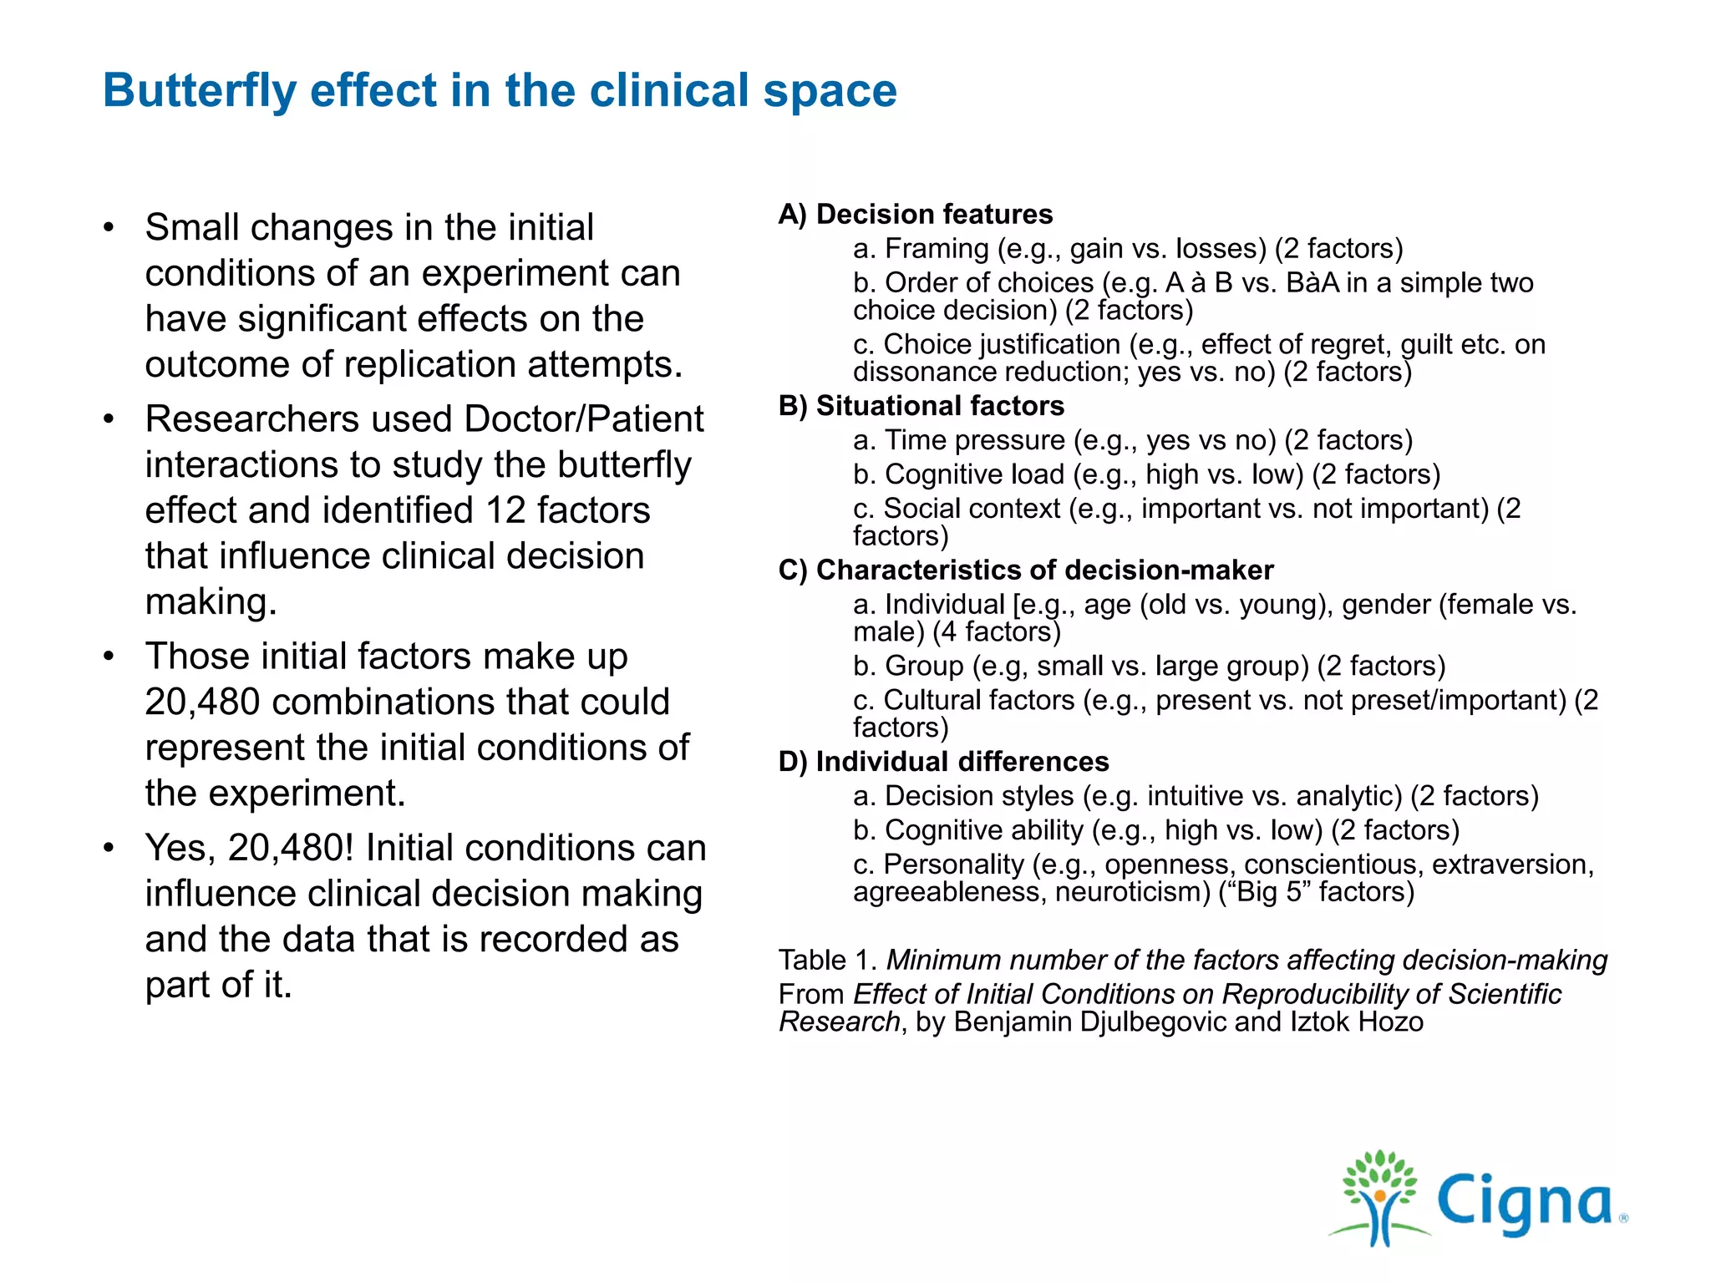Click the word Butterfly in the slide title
(x=199, y=90)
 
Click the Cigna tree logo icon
(x=1379, y=1199)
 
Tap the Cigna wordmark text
(x=1525, y=1203)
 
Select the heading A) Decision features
(x=916, y=215)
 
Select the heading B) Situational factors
(x=922, y=406)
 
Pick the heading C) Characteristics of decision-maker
(x=1026, y=571)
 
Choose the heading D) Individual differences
(x=944, y=762)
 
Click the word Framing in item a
(x=937, y=249)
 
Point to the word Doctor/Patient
(x=584, y=419)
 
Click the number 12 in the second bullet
(x=505, y=510)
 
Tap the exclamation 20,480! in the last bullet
(x=291, y=848)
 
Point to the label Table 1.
(x=827, y=961)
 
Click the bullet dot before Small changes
(x=109, y=228)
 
